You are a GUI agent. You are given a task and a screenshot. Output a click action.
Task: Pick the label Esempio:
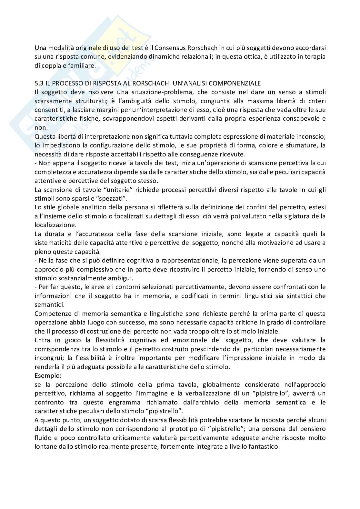[x=46, y=375]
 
